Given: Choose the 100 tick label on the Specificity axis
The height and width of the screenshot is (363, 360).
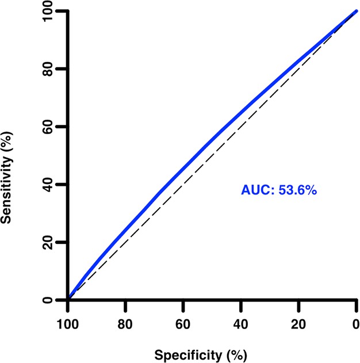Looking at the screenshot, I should coord(68,324).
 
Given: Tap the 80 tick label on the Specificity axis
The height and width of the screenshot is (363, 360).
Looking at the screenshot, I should coord(125,324).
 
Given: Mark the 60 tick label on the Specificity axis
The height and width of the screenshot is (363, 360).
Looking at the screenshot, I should coord(183,324).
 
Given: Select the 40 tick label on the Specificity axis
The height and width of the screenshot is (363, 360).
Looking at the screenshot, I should coord(241,324).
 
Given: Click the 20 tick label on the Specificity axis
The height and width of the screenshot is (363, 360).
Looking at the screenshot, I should coord(299,324).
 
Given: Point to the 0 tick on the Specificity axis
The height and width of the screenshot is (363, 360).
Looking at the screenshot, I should coord(357,324).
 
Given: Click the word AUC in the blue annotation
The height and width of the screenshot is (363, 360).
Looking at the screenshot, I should coord(255,189).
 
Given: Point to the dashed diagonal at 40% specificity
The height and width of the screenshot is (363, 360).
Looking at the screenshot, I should coord(241,127).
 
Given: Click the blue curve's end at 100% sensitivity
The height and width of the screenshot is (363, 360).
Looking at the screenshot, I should coord(357,11).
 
